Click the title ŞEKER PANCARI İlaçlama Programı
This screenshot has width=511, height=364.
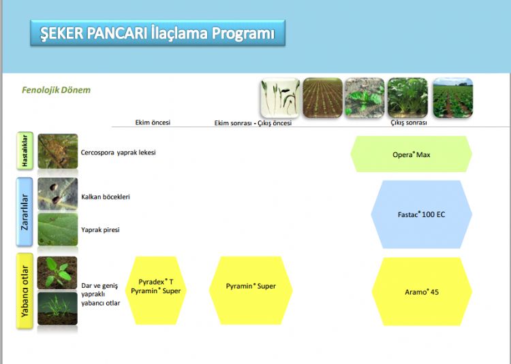(157, 33)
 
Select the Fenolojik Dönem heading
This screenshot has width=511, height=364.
(56, 90)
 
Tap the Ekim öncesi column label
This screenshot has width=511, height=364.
(153, 122)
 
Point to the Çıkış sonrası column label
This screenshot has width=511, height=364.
(409, 122)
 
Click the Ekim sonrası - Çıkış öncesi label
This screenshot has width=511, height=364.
(253, 123)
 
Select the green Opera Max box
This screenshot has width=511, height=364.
(412, 154)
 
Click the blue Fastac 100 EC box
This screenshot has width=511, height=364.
(421, 214)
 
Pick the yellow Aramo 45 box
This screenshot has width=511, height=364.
(422, 291)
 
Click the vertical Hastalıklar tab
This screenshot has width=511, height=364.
(25, 150)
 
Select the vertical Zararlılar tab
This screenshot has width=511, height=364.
(25, 212)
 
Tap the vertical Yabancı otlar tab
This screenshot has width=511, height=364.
(25, 291)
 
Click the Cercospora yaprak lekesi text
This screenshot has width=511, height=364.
(119, 152)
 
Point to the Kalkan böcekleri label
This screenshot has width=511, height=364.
(106, 197)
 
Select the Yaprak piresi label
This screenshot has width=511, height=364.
(100, 230)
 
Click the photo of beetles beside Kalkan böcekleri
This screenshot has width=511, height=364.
(58, 193)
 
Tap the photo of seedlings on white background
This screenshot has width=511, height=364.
(280, 97)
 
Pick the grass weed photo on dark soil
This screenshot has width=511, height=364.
(57, 308)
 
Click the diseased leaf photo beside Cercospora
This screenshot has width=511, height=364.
(58, 151)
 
